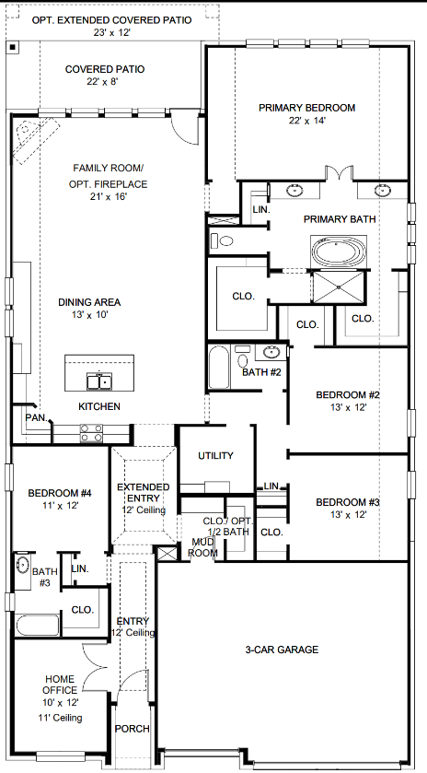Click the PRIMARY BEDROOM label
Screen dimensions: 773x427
(306, 108)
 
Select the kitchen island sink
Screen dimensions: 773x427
(98, 380)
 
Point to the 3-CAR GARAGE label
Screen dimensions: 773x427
(282, 650)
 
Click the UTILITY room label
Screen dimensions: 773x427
(215, 455)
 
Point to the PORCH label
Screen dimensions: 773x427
(132, 729)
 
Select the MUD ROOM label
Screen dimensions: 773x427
(202, 548)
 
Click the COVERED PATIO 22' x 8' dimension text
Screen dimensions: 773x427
(104, 82)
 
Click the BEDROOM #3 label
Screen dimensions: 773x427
(347, 502)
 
